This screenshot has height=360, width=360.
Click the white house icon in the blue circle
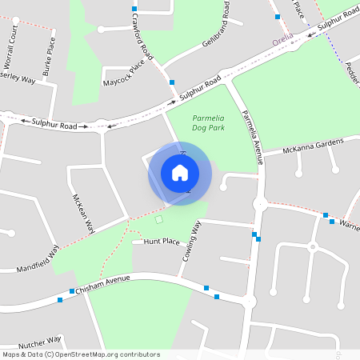pos(180,173)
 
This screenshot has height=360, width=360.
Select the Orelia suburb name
pos(282,39)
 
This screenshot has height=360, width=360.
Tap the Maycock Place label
pos(123,77)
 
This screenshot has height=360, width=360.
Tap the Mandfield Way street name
pos(38,260)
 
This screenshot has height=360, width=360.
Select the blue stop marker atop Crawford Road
pos(134,8)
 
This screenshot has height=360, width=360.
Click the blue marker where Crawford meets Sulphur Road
pos(172,82)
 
